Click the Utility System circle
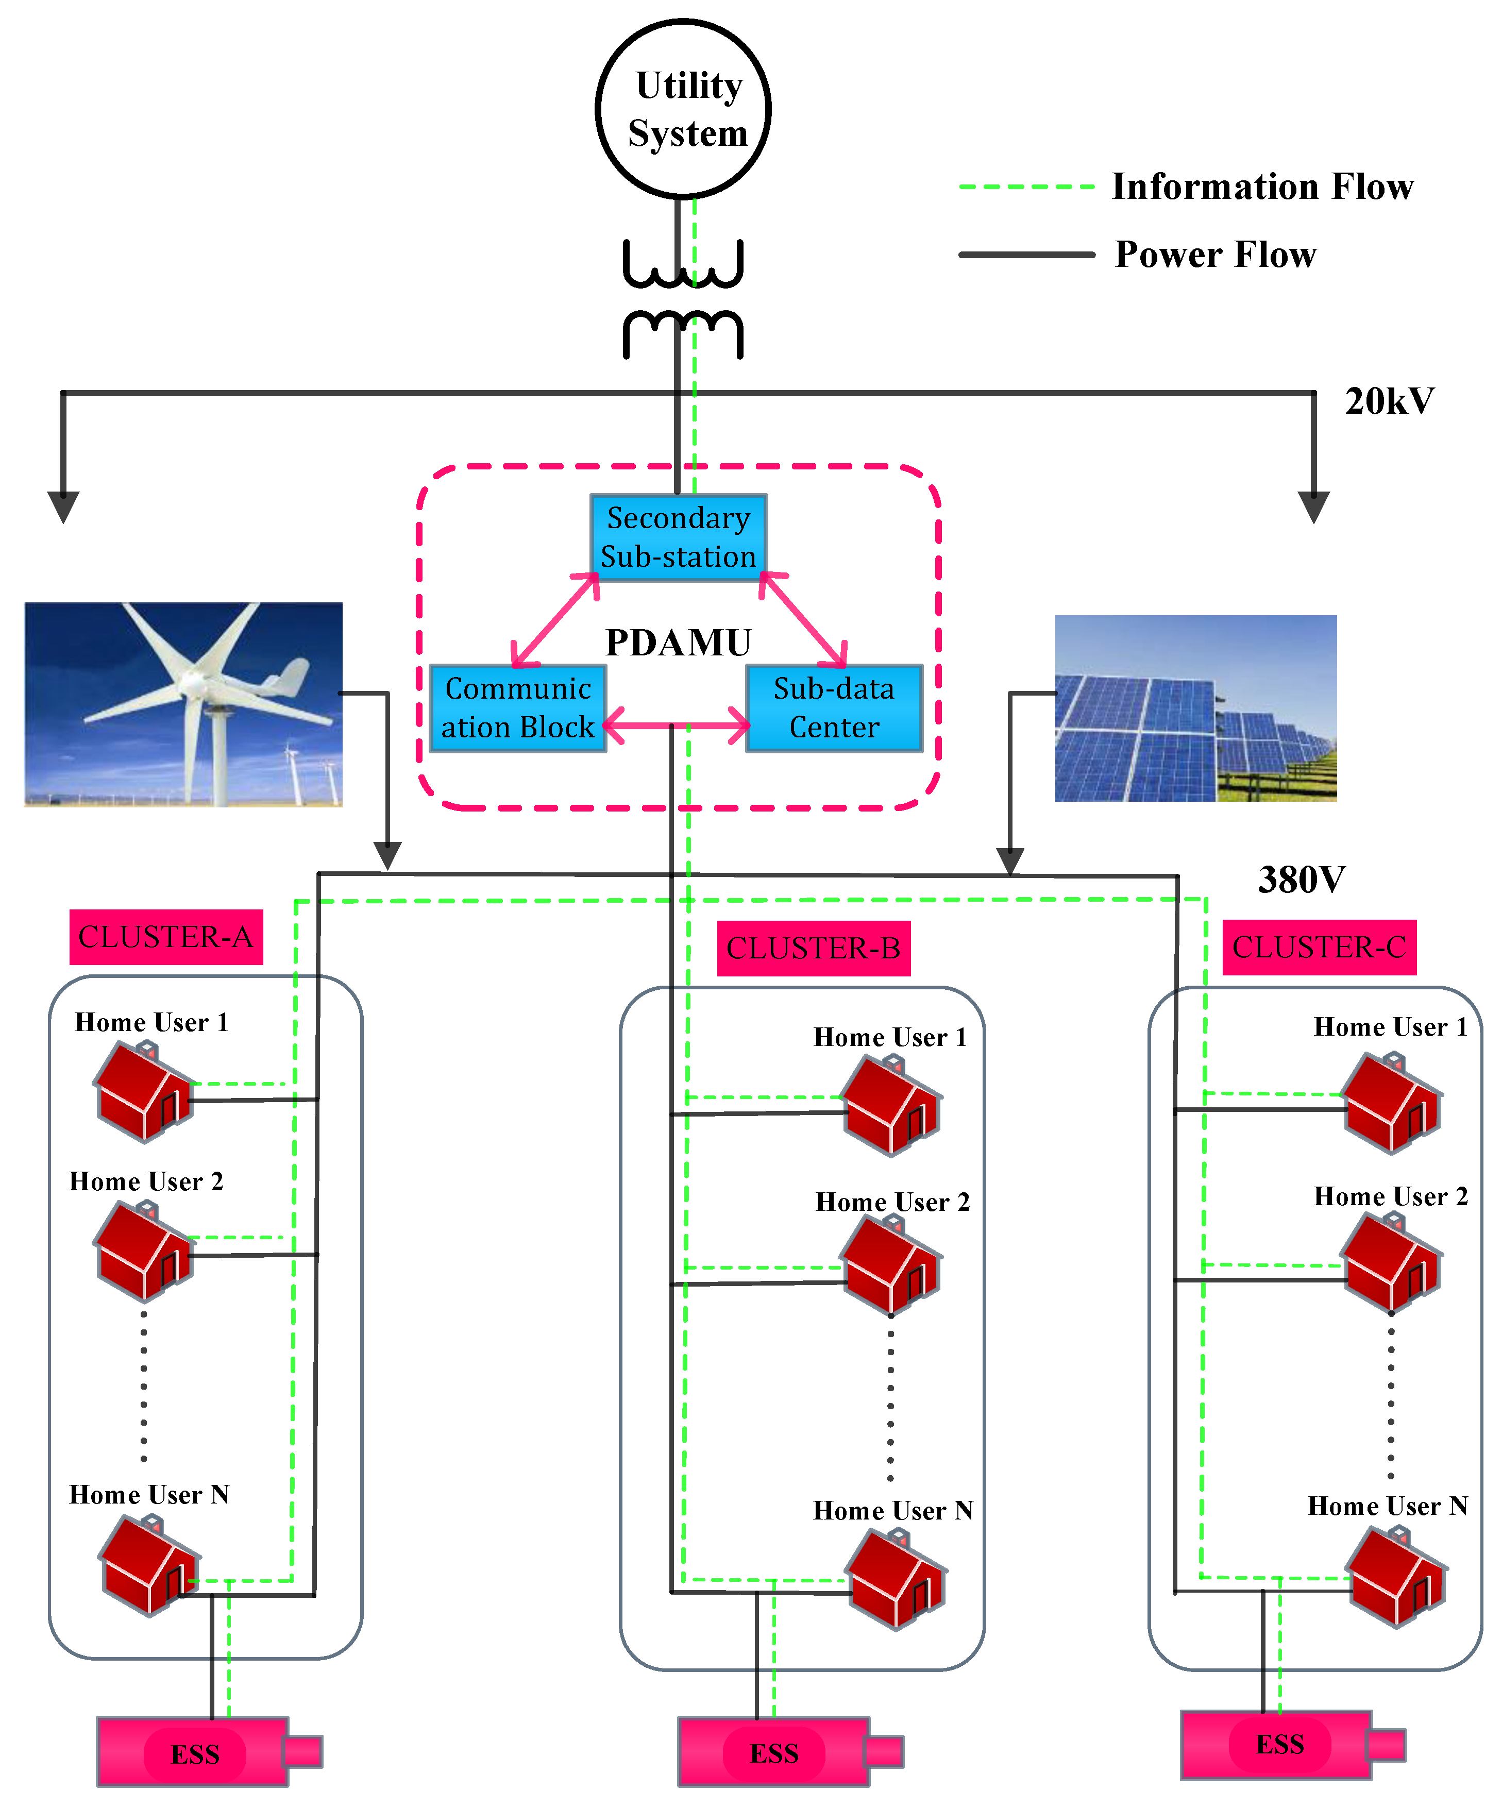point(683,109)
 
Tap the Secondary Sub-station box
point(678,537)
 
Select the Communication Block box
point(518,708)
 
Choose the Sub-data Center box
point(834,708)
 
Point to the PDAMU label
point(678,643)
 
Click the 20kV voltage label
point(1389,401)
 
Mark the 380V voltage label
point(1301,880)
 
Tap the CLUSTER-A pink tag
point(166,936)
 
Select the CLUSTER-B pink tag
point(814,948)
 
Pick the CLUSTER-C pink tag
point(1319,947)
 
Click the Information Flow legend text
point(1262,186)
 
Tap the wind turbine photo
point(183,704)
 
